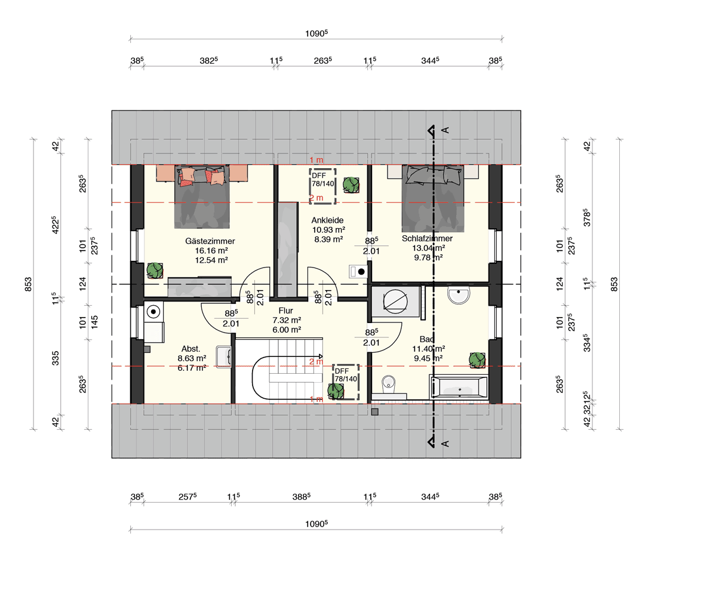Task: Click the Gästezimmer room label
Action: coord(210,241)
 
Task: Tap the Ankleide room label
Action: coord(327,220)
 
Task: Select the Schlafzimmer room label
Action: coord(428,238)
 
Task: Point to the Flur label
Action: coord(286,311)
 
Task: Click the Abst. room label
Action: coord(191,349)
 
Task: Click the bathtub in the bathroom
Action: coord(459,387)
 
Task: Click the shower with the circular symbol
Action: coord(395,301)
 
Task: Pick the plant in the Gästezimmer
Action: coord(155,270)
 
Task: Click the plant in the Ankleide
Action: coord(351,185)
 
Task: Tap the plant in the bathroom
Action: coord(477,359)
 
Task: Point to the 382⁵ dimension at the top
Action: coord(208,60)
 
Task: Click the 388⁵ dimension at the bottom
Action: coord(302,497)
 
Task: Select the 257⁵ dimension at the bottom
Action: coord(188,497)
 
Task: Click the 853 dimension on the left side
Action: coord(28,284)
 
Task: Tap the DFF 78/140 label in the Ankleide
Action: coord(323,180)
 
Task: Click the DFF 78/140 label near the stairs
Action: coord(346,375)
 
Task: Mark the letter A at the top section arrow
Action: coord(445,130)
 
